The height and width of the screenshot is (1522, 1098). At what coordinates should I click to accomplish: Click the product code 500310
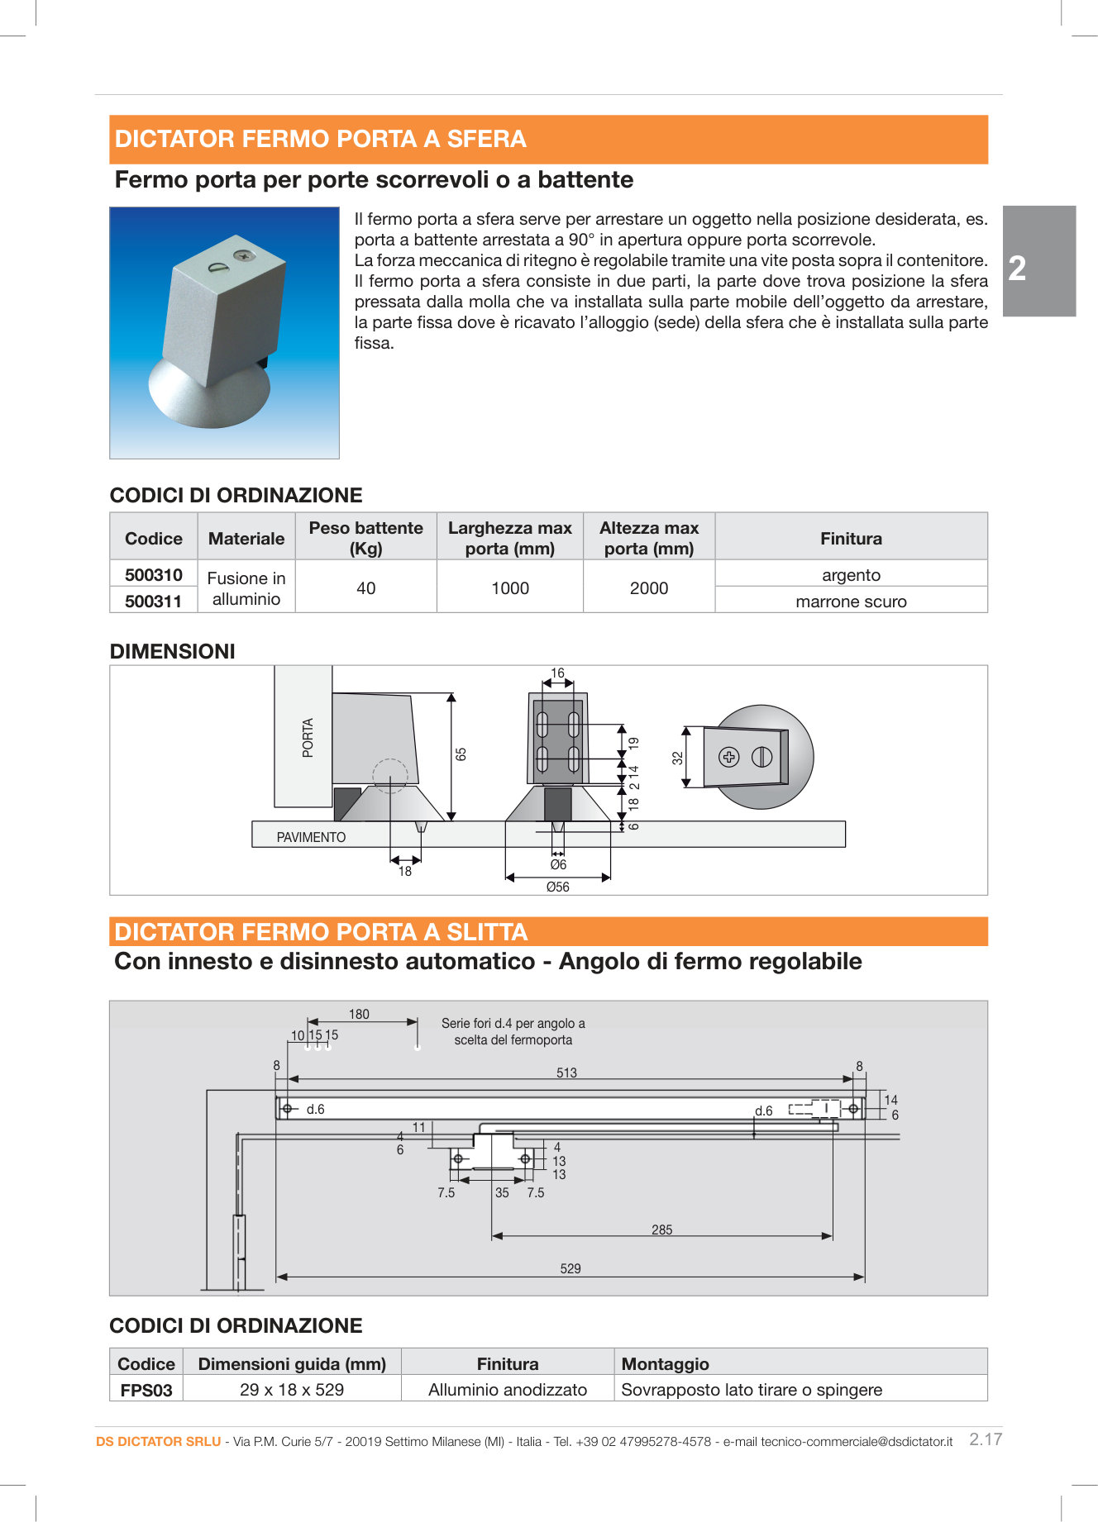click(153, 575)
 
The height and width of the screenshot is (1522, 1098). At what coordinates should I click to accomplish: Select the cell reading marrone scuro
click(850, 602)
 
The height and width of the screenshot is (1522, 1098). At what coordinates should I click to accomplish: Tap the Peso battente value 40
click(365, 588)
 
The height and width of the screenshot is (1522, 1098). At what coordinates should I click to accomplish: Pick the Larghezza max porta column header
click(509, 538)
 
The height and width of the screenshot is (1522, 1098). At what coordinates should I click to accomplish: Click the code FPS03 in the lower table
click(146, 1390)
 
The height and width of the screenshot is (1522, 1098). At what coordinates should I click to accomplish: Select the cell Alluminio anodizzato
click(507, 1390)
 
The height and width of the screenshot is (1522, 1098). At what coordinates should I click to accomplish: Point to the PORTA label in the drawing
click(308, 737)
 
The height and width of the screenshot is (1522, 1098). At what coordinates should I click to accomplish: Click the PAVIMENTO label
click(311, 837)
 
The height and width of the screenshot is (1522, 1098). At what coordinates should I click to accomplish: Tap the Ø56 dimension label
click(557, 887)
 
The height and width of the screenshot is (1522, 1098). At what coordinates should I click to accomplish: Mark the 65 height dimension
click(461, 754)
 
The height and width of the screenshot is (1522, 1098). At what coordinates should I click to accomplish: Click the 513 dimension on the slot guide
click(566, 1073)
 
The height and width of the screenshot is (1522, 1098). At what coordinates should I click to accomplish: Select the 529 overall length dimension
click(570, 1268)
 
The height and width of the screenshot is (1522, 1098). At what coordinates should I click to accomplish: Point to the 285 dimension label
click(661, 1229)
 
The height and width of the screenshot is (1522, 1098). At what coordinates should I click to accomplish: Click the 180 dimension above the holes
click(359, 1014)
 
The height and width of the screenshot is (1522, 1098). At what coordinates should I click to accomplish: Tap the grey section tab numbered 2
click(1038, 261)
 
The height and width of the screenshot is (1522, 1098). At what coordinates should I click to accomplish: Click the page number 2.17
click(985, 1439)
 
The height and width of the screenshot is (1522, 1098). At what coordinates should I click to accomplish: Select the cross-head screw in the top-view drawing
click(728, 757)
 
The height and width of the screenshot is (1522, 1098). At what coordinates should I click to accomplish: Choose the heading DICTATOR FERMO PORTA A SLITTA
click(321, 932)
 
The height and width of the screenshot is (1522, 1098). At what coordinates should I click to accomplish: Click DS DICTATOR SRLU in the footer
click(158, 1441)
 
